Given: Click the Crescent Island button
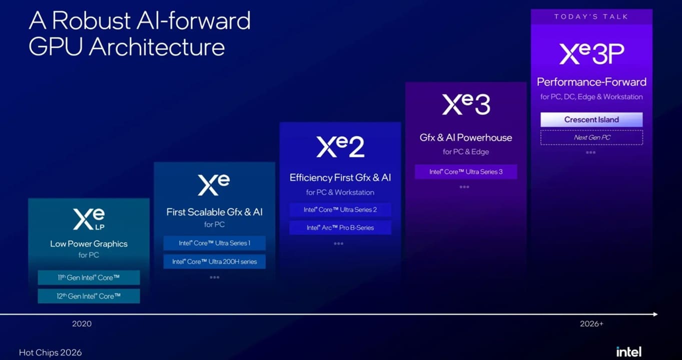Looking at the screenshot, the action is pyautogui.click(x=591, y=119).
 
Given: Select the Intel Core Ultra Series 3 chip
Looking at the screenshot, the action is pyautogui.click(x=466, y=171).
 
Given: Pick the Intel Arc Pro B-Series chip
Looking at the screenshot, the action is pyautogui.click(x=340, y=227).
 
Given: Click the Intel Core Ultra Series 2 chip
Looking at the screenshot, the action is pyautogui.click(x=340, y=209).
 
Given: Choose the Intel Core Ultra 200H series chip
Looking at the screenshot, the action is pyautogui.click(x=214, y=261).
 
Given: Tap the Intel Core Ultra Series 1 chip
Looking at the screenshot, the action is pyautogui.click(x=214, y=243).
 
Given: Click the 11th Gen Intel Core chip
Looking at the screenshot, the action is pyautogui.click(x=89, y=277).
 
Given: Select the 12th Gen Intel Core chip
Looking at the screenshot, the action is pyautogui.click(x=89, y=296).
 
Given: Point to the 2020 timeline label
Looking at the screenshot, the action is pyautogui.click(x=82, y=324).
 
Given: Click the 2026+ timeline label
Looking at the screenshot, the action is pyautogui.click(x=591, y=324).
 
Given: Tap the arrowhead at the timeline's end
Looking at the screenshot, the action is pyautogui.click(x=657, y=314).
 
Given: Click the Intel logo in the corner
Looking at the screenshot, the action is pyautogui.click(x=629, y=352).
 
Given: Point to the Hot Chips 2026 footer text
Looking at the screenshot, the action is pyautogui.click(x=50, y=352).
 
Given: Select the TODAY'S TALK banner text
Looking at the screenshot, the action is pyautogui.click(x=591, y=16).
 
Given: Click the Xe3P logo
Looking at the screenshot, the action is pyautogui.click(x=591, y=53).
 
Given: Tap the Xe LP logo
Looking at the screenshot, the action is pyautogui.click(x=89, y=219).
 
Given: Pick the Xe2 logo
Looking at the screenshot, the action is pyautogui.click(x=340, y=146).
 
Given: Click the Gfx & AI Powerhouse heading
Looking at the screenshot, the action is pyautogui.click(x=466, y=137).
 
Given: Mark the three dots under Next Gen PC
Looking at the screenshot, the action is pyautogui.click(x=590, y=152).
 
